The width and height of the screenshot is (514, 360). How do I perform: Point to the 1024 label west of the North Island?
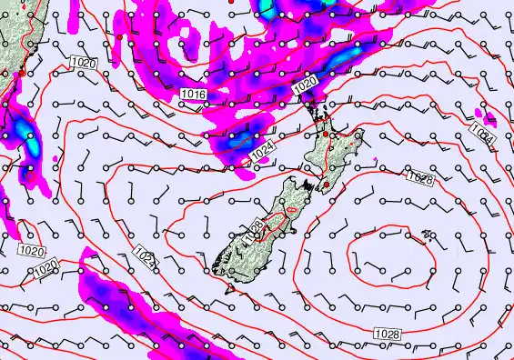[x=264, y=155]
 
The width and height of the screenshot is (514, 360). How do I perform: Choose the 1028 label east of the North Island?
[x=419, y=177]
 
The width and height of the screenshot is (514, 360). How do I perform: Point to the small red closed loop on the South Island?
[x=291, y=211]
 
